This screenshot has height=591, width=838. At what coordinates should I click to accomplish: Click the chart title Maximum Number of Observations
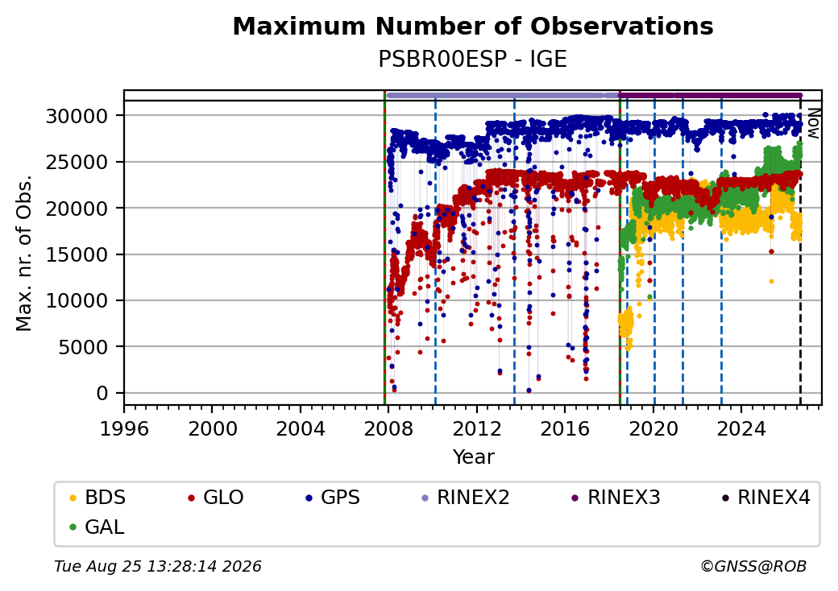click(x=473, y=26)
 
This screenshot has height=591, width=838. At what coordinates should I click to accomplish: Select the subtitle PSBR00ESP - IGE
click(x=472, y=59)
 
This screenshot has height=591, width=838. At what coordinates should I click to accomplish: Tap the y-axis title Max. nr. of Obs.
click(x=23, y=253)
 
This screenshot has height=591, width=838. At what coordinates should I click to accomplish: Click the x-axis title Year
click(x=474, y=457)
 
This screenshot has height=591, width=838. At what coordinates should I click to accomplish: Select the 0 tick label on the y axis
click(x=102, y=394)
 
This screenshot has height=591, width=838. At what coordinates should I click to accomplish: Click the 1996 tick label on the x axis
click(x=124, y=428)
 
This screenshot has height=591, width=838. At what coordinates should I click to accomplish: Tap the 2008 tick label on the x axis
click(x=388, y=428)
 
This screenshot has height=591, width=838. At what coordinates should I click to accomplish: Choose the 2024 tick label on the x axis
click(x=741, y=428)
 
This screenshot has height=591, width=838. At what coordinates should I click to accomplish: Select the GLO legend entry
click(x=216, y=498)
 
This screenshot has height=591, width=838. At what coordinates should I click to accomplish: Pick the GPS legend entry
click(x=333, y=498)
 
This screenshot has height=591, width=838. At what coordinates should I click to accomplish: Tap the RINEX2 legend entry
click(x=466, y=498)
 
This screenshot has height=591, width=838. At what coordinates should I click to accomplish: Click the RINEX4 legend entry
click(x=765, y=498)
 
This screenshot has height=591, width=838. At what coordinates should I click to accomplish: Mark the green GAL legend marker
click(x=73, y=527)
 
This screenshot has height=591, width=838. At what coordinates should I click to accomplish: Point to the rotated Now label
click(x=814, y=123)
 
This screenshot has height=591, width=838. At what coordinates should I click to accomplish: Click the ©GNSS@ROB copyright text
click(x=753, y=566)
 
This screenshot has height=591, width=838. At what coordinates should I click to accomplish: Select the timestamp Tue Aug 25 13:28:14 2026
click(x=158, y=566)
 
